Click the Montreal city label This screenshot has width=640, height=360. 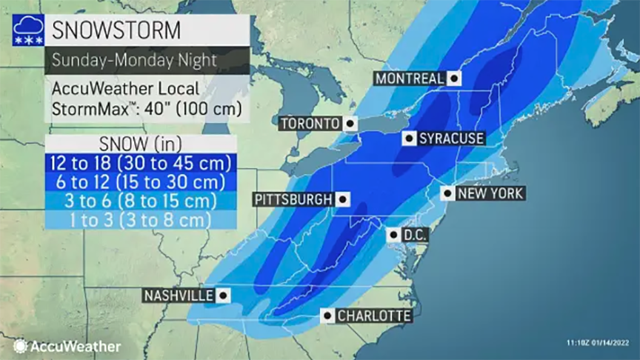click(x=410, y=78)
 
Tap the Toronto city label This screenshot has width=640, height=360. click(x=310, y=124)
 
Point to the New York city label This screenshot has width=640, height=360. click(x=490, y=194)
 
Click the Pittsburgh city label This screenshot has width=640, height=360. click(x=292, y=199)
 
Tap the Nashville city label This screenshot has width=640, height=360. click(x=179, y=296)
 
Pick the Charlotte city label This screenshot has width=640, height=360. click(x=373, y=316)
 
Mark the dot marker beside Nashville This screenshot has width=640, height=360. click(x=223, y=296)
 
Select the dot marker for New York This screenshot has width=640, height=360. click(x=447, y=194)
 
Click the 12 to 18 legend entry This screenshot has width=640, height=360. click(x=140, y=162)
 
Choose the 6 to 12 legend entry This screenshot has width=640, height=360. click(x=140, y=181)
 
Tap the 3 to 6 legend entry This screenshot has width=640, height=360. click(x=140, y=201)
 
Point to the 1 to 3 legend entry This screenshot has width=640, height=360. click(x=140, y=220)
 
